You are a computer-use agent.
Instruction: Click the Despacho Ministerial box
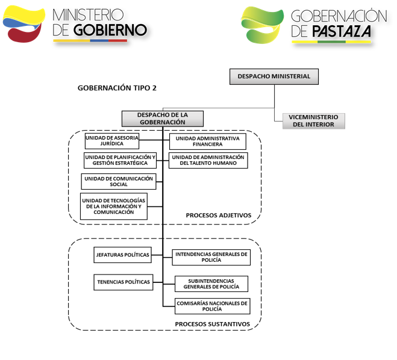[x=274, y=76]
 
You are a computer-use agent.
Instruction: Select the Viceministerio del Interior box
[x=314, y=120]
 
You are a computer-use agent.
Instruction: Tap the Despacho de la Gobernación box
[x=162, y=118]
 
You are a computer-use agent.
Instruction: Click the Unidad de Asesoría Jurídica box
[x=112, y=141]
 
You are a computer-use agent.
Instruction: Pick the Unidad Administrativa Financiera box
[x=208, y=141]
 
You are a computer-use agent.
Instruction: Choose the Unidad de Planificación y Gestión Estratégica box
[x=120, y=160]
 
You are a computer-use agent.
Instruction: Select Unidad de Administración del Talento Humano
[x=208, y=160]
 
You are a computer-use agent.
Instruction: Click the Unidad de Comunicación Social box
[x=119, y=181]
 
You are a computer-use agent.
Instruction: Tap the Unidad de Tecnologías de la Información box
[x=114, y=206]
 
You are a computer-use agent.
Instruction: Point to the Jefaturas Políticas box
[x=122, y=255]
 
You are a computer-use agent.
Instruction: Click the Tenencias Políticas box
[x=122, y=281]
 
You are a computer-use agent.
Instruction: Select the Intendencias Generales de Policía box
[x=211, y=257]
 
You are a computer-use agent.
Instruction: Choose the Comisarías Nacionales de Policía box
[x=211, y=306]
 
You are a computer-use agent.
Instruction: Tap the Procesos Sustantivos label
[x=212, y=323]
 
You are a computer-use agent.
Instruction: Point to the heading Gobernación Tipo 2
[x=117, y=88]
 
